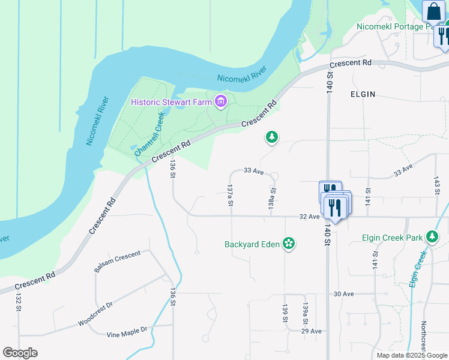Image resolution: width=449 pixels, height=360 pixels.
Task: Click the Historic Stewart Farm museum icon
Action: (x=221, y=101)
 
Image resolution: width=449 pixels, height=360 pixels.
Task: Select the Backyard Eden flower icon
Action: (x=289, y=244)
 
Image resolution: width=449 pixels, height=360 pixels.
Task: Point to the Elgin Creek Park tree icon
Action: (x=432, y=237)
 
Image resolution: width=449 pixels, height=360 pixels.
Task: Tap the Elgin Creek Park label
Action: (x=393, y=237)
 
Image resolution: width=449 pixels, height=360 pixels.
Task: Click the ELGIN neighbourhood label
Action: (x=363, y=94)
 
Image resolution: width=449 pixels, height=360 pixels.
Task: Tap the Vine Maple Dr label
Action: (x=127, y=332)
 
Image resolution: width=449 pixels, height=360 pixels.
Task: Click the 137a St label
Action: (x=230, y=196)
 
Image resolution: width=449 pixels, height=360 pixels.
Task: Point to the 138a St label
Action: (x=272, y=198)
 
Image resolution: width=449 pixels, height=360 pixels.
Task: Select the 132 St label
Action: (x=18, y=304)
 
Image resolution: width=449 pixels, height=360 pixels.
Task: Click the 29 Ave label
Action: (x=312, y=331)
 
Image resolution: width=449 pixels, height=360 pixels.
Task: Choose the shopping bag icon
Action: (x=433, y=12)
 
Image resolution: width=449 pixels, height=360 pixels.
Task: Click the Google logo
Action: (x=20, y=353)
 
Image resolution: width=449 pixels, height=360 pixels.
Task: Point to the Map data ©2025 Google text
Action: (x=411, y=355)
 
